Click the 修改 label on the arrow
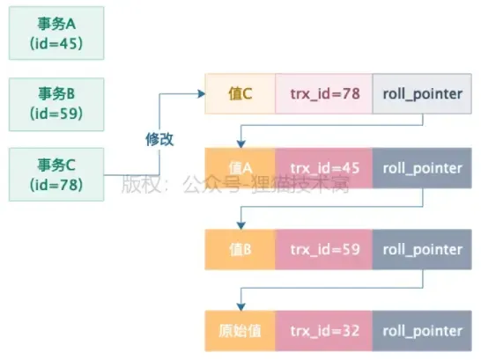(159, 139)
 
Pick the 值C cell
(240, 94)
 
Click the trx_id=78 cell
(324, 94)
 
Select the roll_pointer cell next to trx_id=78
(422, 94)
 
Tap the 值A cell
(240, 167)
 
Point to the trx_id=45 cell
(324, 167)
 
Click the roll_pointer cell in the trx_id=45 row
(422, 167)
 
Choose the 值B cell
(240, 249)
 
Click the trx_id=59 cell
(324, 249)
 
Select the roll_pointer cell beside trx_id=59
(422, 249)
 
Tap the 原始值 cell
(240, 330)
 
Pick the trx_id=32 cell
(324, 330)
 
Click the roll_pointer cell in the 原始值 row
(422, 330)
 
